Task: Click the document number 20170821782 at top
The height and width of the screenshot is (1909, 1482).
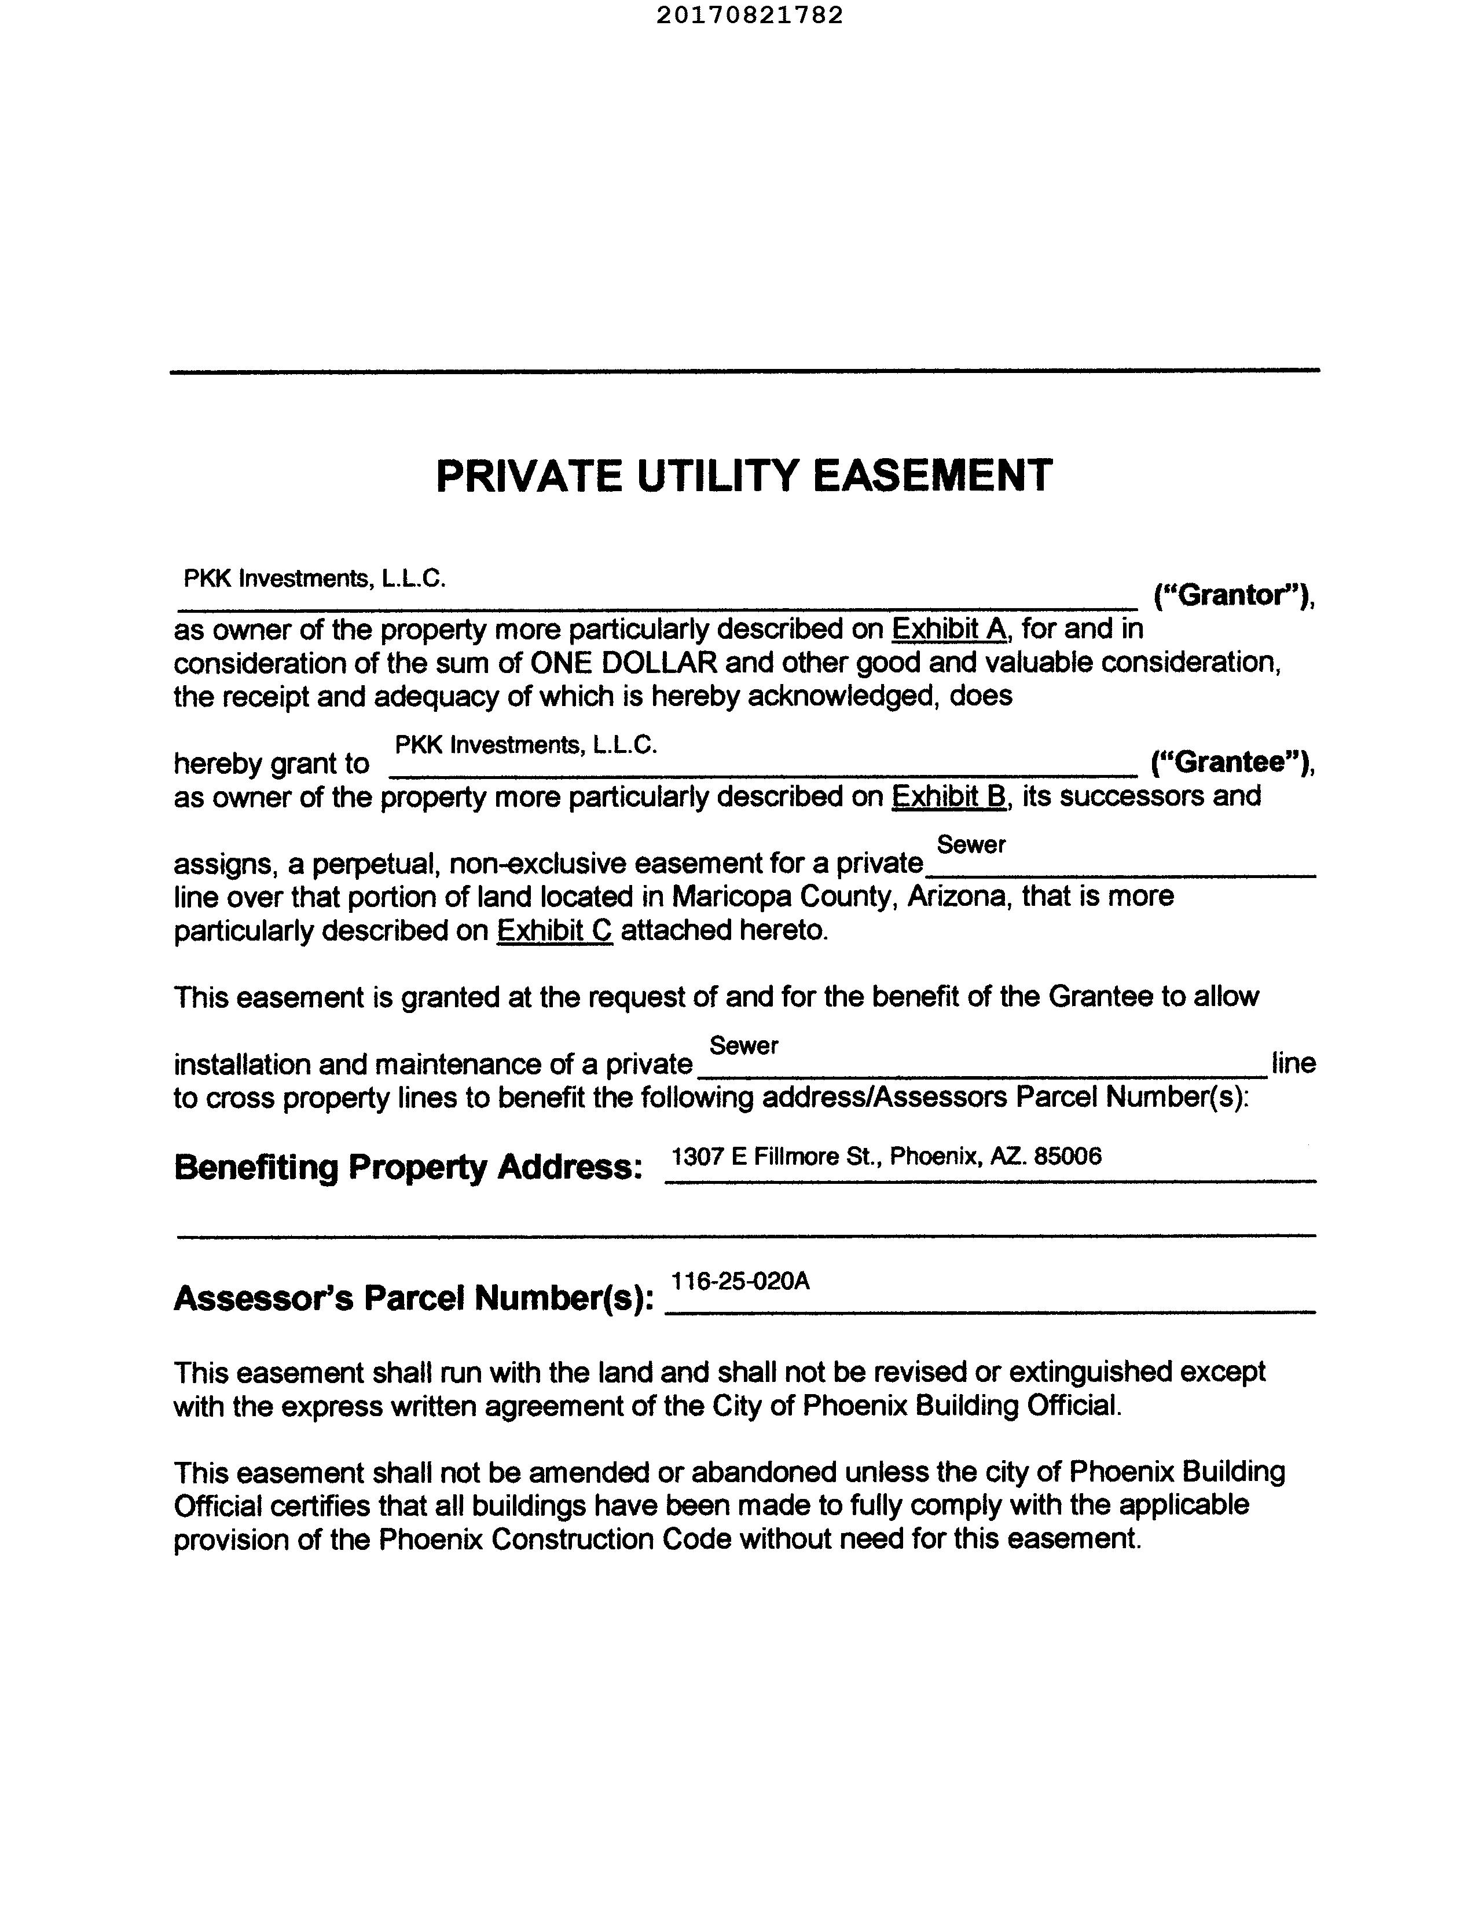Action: [749, 15]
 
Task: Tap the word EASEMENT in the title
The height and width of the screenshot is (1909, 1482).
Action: [933, 476]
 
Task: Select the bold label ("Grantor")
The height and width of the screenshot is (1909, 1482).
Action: [1234, 595]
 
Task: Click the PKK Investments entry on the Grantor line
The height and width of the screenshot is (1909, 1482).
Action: [314, 579]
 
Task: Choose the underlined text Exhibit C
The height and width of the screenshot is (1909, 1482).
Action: [554, 930]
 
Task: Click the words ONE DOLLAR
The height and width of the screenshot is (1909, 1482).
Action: [624, 663]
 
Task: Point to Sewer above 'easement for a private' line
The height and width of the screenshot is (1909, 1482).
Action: [971, 844]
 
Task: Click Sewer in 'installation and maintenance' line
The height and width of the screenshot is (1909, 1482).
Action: [744, 1045]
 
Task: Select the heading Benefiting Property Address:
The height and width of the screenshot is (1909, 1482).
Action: [409, 1167]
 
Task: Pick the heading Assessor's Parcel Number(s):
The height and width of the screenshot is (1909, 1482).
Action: [413, 1298]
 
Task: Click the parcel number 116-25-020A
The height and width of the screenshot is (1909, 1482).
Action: [740, 1281]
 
